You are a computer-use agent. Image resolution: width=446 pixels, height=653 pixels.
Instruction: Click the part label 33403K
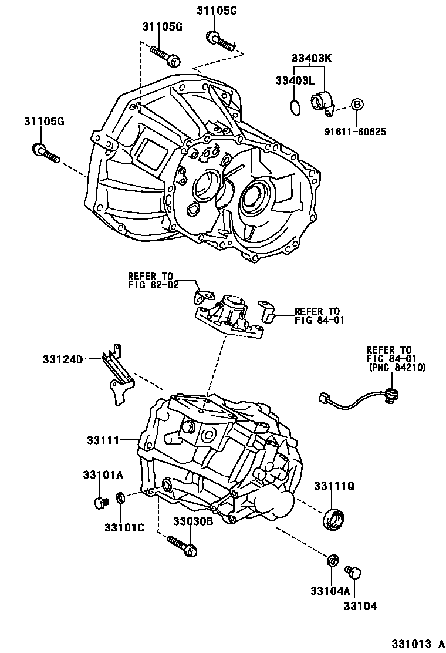click(x=312, y=58)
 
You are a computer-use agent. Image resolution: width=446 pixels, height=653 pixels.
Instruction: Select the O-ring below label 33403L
click(x=296, y=107)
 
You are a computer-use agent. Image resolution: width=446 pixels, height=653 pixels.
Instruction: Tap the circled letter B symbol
click(x=357, y=105)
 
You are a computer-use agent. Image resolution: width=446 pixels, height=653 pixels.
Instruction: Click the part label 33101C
click(x=124, y=527)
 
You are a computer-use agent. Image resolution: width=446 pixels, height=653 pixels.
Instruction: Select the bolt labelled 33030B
click(x=182, y=545)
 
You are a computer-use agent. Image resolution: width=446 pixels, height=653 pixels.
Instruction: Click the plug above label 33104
click(x=355, y=572)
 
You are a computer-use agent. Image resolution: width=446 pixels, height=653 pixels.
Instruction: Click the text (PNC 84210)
click(x=397, y=368)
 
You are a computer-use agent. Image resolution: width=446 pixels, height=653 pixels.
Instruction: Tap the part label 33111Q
click(x=334, y=486)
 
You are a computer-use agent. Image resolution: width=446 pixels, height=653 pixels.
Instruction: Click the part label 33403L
click(x=294, y=80)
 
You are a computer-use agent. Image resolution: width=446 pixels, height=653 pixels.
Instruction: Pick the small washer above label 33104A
click(x=332, y=560)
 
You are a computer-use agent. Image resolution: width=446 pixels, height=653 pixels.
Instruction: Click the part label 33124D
click(x=62, y=359)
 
